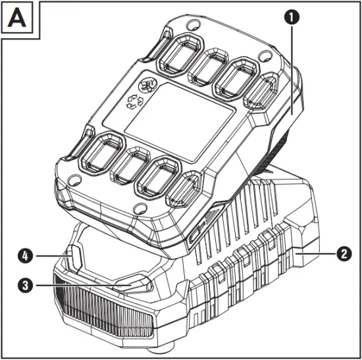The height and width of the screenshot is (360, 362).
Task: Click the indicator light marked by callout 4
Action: [74, 253]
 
